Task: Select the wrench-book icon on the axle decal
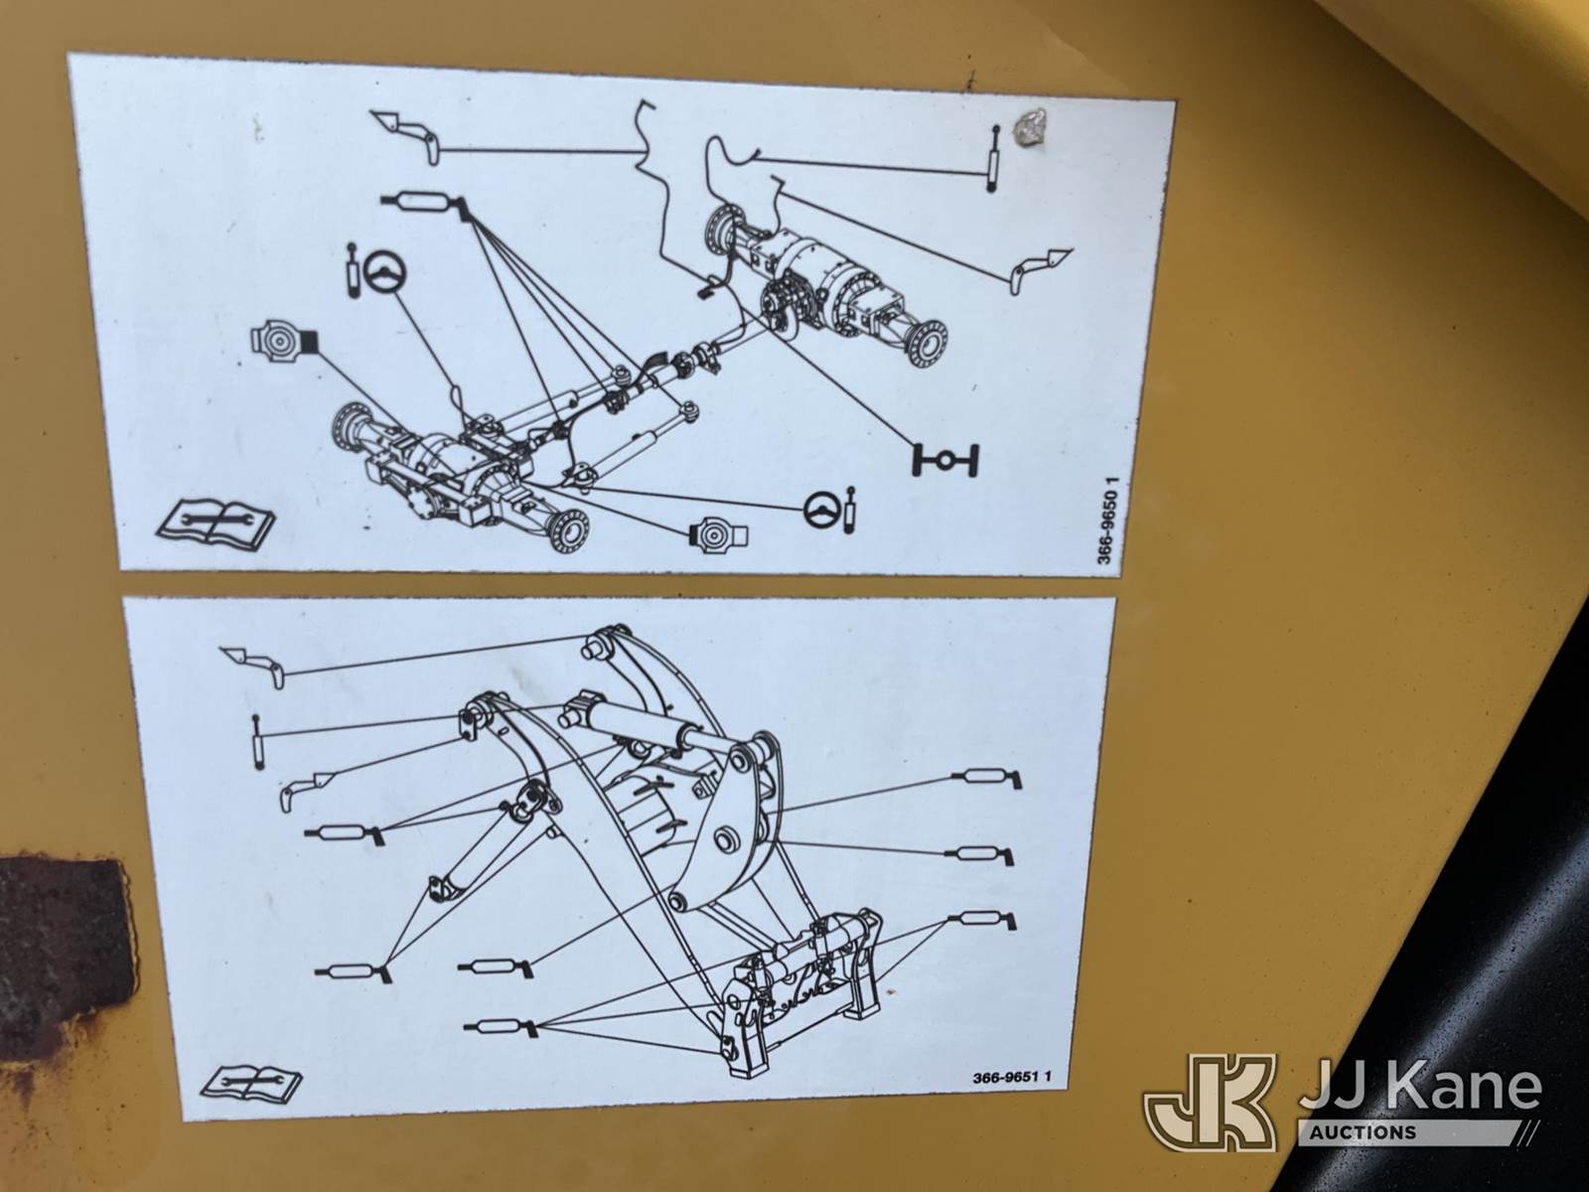pos(215,521)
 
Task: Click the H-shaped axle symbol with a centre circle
pos(944,459)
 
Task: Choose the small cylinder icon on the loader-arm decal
pos(256,741)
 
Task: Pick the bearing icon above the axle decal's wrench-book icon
pos(284,340)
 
